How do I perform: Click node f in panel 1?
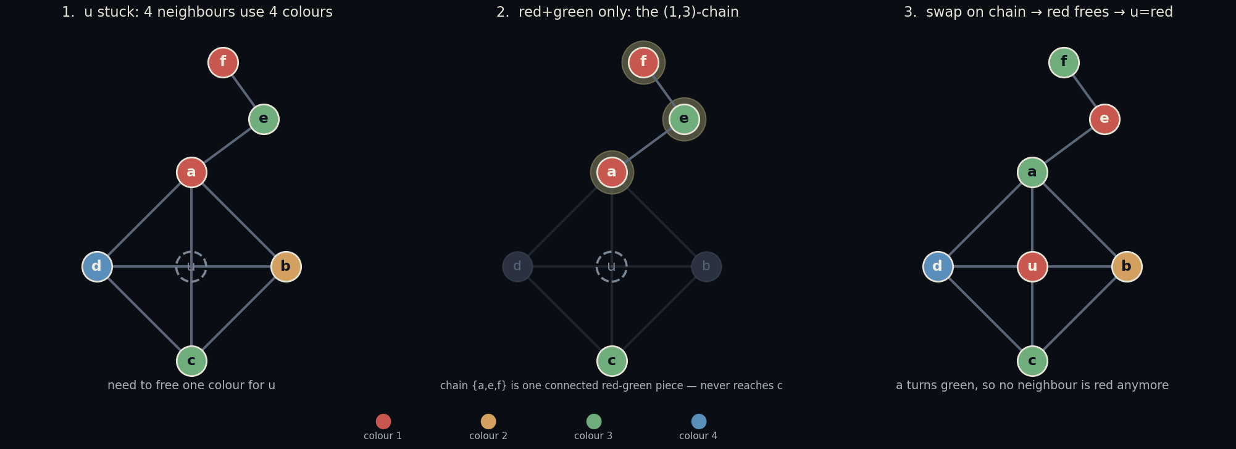point(223,62)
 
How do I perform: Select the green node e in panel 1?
point(264,119)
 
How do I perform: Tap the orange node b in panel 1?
point(286,266)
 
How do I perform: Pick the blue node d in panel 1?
point(97,266)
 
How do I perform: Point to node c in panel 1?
point(191,361)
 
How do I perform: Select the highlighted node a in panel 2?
point(612,172)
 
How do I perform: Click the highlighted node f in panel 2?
point(643,62)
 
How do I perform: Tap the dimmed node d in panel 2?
point(517,266)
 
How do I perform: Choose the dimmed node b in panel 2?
point(706,266)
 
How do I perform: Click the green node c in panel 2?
point(612,361)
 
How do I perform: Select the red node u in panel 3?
point(1032,266)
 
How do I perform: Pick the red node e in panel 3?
point(1104,119)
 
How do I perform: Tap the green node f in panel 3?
point(1064,62)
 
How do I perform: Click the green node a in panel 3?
point(1032,172)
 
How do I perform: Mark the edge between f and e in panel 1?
point(243,91)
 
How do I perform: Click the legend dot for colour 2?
point(488,421)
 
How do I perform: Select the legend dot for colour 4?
point(699,421)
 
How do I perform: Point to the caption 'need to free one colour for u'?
point(191,385)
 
